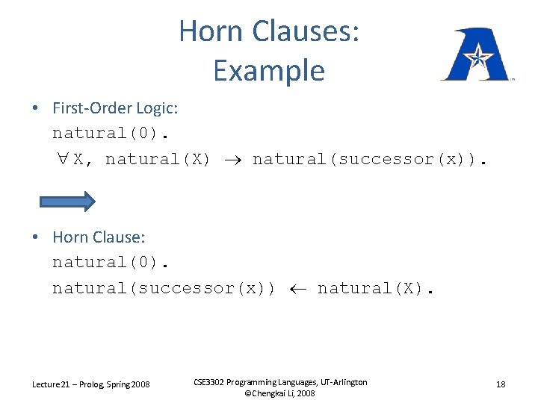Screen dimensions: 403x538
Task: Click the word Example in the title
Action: click(x=268, y=71)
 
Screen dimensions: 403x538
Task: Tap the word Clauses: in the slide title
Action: click(x=306, y=31)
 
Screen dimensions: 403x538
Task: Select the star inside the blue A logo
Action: click(x=476, y=55)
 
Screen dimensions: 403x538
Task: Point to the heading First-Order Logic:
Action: click(x=114, y=108)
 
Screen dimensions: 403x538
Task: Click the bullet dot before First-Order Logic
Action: click(x=35, y=109)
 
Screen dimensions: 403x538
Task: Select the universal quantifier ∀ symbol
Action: click(x=61, y=159)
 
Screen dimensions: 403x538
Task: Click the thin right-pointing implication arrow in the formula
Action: click(x=231, y=160)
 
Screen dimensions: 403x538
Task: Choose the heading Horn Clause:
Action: click(x=99, y=237)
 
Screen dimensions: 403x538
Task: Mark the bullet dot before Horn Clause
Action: click(x=35, y=238)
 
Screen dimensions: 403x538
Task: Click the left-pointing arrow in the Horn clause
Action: click(x=296, y=288)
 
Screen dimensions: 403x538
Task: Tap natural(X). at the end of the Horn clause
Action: click(x=374, y=288)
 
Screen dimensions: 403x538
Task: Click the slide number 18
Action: click(x=501, y=384)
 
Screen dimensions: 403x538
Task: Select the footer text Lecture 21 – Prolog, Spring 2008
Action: click(x=90, y=384)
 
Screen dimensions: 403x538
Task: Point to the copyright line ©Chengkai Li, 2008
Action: click(x=280, y=393)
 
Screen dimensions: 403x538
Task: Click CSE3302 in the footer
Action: click(x=213, y=382)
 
